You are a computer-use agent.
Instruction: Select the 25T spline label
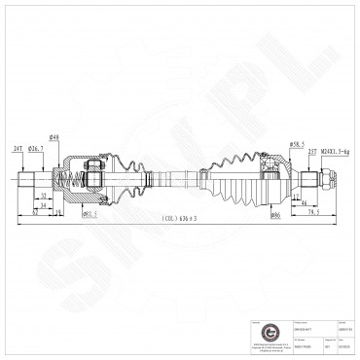(313, 152)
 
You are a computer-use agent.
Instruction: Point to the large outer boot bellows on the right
(238, 177)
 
